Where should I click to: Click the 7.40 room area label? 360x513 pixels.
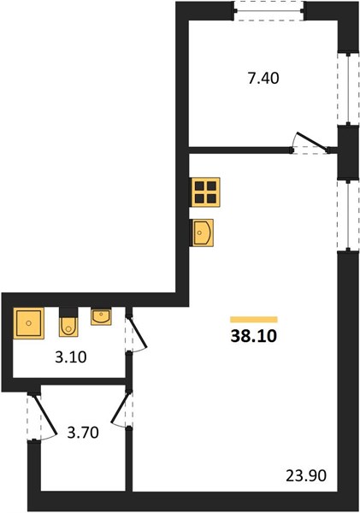click(263, 79)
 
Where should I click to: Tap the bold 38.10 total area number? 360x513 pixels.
click(254, 336)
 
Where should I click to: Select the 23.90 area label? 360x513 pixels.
click(306, 475)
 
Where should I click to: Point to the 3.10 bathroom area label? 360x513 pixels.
click(71, 357)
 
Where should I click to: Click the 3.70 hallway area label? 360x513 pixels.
click(83, 433)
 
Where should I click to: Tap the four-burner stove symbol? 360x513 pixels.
click(205, 192)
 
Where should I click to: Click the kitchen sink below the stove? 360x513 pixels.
click(202, 233)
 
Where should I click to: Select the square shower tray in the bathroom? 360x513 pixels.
click(29, 323)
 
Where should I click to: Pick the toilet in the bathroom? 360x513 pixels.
click(68, 327)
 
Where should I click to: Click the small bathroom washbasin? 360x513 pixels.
click(101, 316)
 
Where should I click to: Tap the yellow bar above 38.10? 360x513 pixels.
click(254, 320)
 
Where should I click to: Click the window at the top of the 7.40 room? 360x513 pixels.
click(269, 11)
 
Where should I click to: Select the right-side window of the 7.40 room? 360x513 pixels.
click(348, 88)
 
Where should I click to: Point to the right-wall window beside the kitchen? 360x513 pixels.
click(348, 216)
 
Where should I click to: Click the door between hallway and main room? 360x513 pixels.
click(120, 408)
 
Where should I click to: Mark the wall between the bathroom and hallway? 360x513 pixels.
click(69, 381)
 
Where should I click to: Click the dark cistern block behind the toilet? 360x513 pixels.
click(68, 312)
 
